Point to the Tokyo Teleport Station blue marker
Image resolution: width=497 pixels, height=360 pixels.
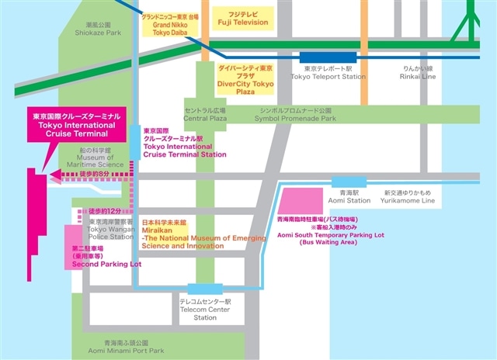(326, 56)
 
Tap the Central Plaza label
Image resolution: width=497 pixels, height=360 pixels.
(204, 114)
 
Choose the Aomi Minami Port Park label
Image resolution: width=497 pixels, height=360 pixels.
(123, 347)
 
